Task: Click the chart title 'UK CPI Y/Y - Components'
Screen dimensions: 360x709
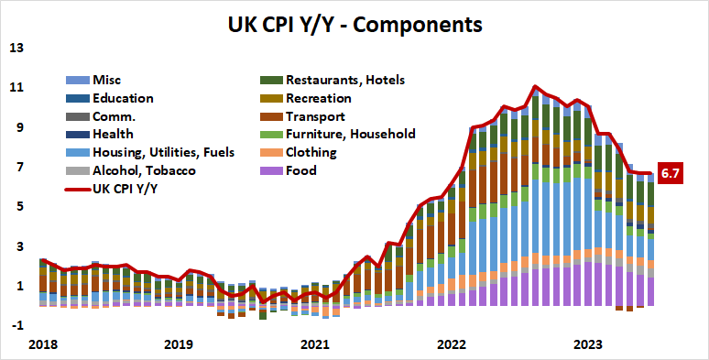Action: [x=354, y=22]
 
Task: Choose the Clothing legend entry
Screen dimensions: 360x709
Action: [x=311, y=152]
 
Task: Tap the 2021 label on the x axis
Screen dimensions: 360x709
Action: [x=314, y=344]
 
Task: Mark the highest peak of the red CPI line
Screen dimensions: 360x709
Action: [x=534, y=86]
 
